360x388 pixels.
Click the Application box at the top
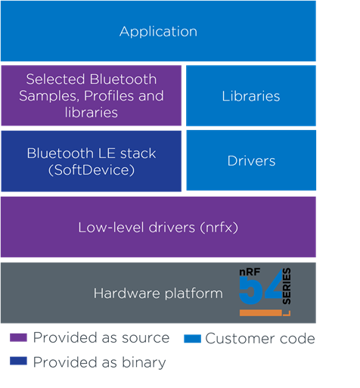(x=158, y=31)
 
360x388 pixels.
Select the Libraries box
(x=250, y=96)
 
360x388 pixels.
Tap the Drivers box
(x=250, y=160)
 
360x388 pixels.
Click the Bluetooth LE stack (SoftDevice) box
(x=91, y=160)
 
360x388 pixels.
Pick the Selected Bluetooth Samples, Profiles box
(x=91, y=95)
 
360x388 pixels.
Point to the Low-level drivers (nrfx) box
(x=158, y=227)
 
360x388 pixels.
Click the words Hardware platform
(x=158, y=293)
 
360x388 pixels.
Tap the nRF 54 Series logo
(x=264, y=290)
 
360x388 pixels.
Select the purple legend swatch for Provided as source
(x=19, y=338)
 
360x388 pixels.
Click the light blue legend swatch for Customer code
(x=192, y=338)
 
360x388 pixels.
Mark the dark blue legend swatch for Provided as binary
(x=19, y=362)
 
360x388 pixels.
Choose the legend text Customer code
(x=259, y=338)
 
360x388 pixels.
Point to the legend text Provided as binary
(x=99, y=362)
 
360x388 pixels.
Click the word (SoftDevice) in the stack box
(x=91, y=169)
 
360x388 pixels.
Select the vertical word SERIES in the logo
(x=286, y=290)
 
